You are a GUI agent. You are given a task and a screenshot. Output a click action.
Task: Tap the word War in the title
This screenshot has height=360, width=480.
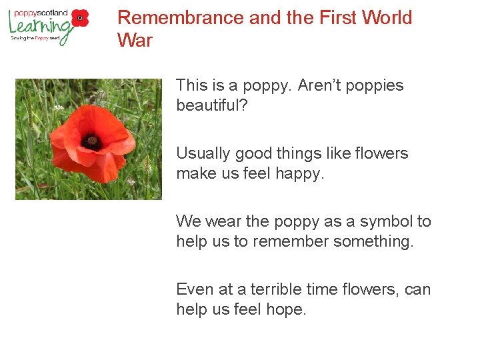tap(135, 41)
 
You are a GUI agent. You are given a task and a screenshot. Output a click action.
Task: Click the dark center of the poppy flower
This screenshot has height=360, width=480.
tap(91, 141)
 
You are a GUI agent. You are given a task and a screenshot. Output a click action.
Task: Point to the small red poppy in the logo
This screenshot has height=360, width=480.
tap(80, 18)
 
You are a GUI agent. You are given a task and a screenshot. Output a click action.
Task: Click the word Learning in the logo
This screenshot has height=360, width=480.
tap(40, 27)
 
